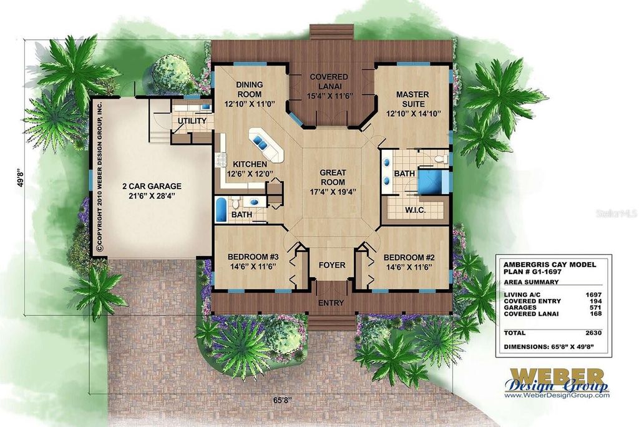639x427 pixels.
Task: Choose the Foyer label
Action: pyautogui.click(x=331, y=265)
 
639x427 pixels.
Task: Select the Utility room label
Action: pyautogui.click(x=192, y=120)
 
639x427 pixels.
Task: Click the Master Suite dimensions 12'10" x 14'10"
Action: pyautogui.click(x=414, y=114)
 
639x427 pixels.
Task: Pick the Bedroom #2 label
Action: pyautogui.click(x=407, y=257)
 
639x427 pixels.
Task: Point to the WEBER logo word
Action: pyautogui.click(x=557, y=376)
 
